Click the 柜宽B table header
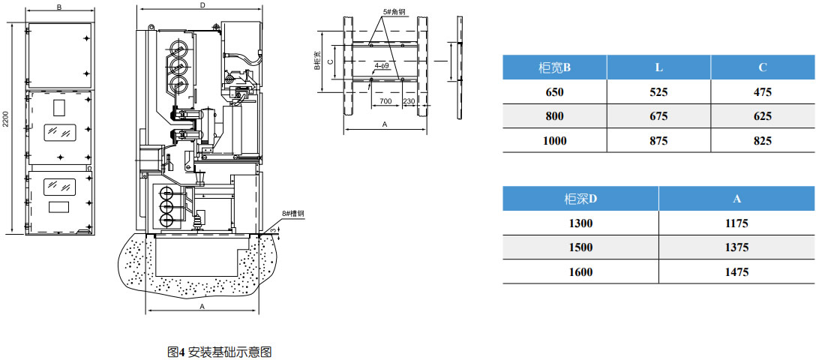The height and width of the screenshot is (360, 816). [554, 67]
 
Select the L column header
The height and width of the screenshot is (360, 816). [658, 67]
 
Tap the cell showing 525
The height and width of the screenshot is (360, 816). [658, 92]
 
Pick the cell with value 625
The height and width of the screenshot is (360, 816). [763, 116]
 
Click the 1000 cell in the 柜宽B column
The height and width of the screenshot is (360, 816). [554, 140]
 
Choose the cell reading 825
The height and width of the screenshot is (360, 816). [763, 140]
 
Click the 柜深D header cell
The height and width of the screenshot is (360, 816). [580, 199]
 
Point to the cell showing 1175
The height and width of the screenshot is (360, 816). [736, 223]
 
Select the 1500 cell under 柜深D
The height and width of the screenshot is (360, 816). [580, 247]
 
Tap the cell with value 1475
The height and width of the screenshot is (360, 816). [736, 272]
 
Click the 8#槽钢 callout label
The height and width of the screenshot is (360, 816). [294, 214]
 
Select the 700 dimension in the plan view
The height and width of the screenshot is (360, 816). [385, 100]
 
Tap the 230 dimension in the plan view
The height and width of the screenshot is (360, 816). [409, 100]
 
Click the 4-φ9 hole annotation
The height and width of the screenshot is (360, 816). [382, 66]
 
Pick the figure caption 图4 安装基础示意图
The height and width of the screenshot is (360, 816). [219, 351]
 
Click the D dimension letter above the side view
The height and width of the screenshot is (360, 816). [202, 6]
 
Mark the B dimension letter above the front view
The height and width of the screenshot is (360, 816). [59, 7]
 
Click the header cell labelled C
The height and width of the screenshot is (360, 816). [763, 67]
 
